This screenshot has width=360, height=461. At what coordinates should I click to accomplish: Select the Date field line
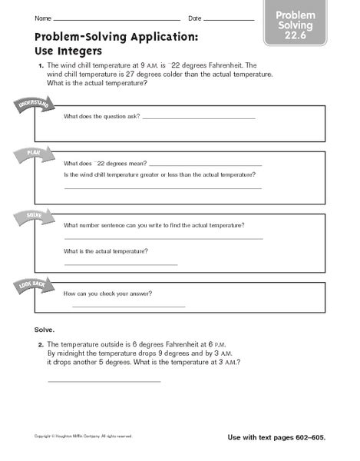click(229, 19)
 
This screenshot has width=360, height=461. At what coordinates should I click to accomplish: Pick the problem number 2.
click(41, 344)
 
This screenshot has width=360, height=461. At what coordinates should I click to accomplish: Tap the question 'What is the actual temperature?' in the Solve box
click(107, 251)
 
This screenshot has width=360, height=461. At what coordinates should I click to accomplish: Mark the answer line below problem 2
click(104, 381)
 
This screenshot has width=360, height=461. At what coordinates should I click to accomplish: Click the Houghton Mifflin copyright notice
click(84, 436)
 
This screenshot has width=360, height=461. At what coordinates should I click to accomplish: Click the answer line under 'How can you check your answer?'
click(128, 307)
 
